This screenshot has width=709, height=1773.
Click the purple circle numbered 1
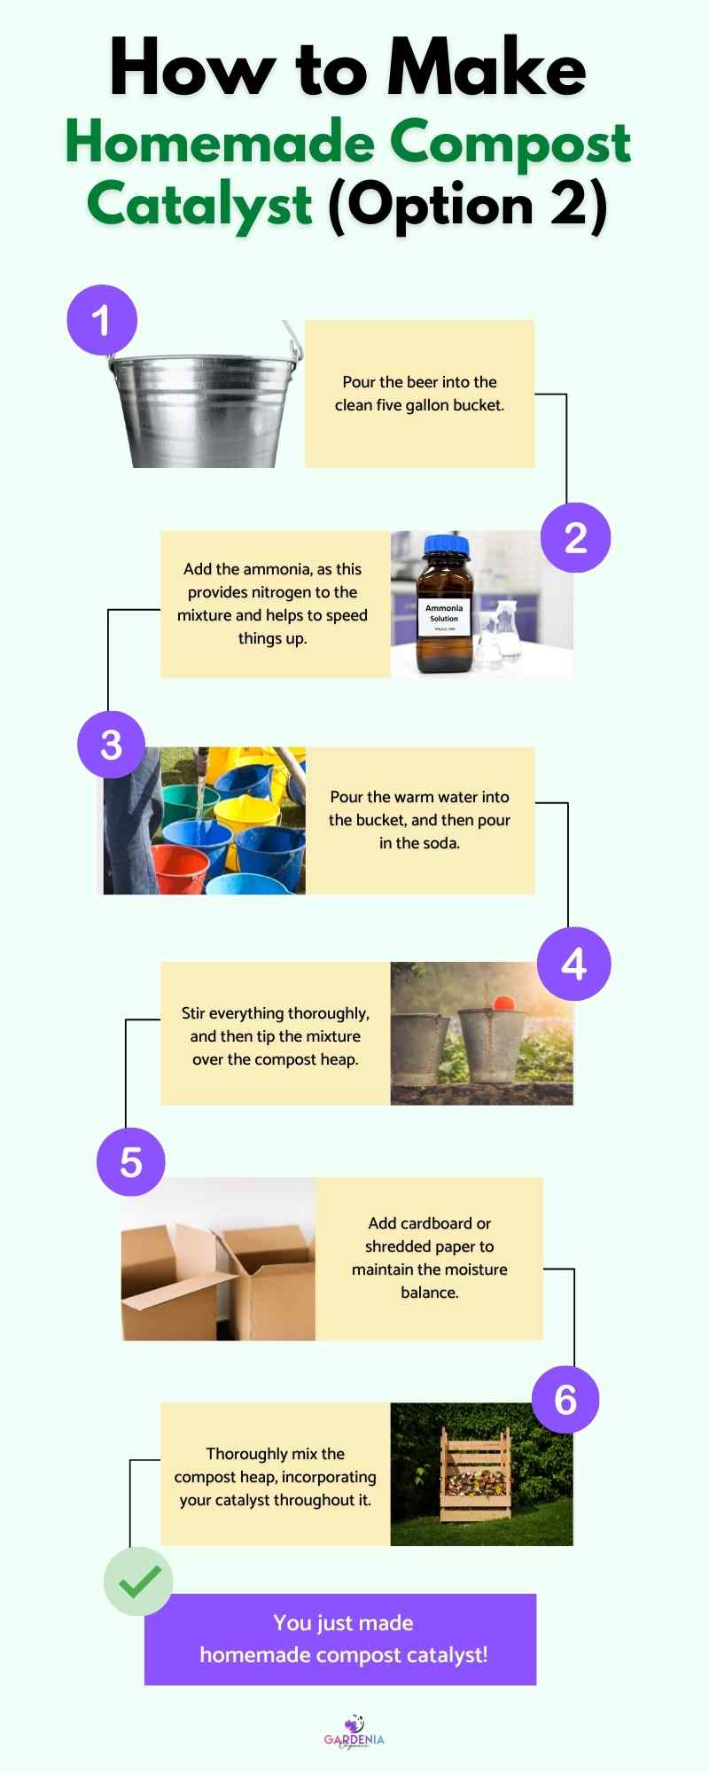(102, 320)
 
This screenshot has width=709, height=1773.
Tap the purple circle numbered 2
(576, 538)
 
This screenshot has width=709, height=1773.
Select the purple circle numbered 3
(111, 745)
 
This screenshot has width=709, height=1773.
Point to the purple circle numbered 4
(573, 964)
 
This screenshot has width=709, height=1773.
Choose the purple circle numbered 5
(131, 1162)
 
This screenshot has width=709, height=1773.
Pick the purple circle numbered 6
(565, 1400)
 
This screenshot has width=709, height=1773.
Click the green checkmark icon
(138, 1582)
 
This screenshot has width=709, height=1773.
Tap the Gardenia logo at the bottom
(354, 1733)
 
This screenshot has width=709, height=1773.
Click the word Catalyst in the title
(199, 205)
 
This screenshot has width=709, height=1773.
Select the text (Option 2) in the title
(468, 205)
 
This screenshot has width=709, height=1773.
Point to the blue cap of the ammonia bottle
(446, 543)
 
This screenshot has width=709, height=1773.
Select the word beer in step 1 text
(422, 382)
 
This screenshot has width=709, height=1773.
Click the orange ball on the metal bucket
(503, 1003)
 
